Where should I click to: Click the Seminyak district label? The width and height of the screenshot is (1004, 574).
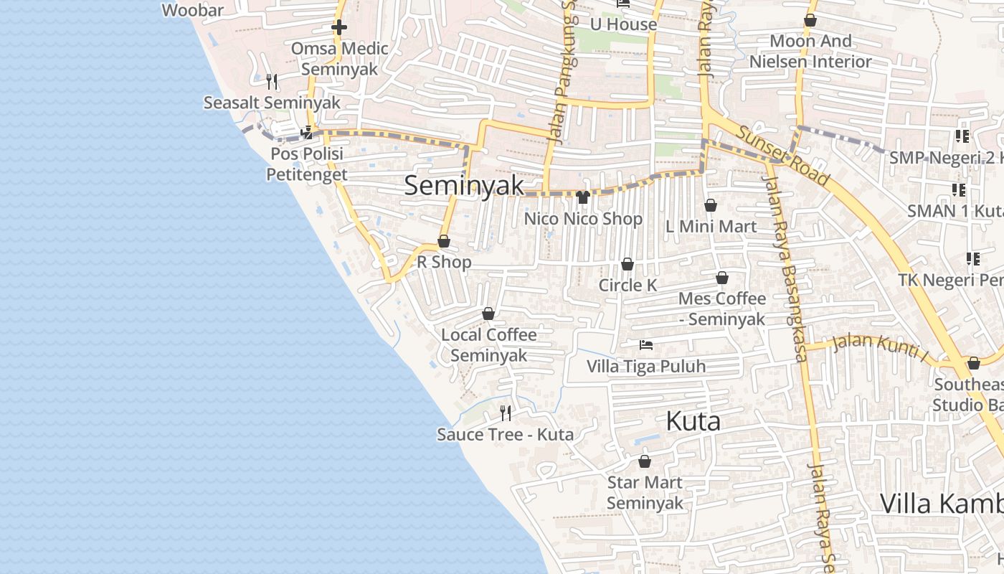click(464, 185)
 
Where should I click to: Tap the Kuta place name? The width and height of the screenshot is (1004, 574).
click(693, 421)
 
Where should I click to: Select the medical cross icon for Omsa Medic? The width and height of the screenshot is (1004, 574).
click(339, 28)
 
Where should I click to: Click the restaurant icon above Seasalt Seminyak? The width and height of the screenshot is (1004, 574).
click(272, 82)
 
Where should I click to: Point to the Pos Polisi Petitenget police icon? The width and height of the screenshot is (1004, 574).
click(307, 132)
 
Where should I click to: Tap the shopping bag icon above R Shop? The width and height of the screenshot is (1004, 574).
click(444, 242)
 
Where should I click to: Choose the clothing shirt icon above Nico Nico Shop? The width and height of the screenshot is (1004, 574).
click(582, 197)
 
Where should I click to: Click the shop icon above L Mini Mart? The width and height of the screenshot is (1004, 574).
click(711, 206)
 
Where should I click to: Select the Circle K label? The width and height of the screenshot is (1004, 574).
click(627, 285)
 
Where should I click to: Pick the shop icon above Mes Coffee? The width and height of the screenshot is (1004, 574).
click(722, 278)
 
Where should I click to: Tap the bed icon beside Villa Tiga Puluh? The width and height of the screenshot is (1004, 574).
click(646, 345)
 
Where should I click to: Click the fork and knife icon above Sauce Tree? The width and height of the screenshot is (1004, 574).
click(506, 413)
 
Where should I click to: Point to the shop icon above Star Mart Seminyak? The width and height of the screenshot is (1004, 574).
click(645, 461)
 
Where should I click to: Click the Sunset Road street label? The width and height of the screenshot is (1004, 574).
click(782, 156)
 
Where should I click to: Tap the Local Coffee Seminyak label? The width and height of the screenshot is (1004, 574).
click(488, 345)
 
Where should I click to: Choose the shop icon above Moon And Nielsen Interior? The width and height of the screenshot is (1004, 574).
click(810, 21)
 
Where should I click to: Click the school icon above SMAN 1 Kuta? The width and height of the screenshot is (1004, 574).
click(959, 190)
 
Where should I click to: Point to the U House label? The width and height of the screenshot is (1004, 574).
click(623, 24)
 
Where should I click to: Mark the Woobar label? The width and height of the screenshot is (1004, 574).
click(193, 10)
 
